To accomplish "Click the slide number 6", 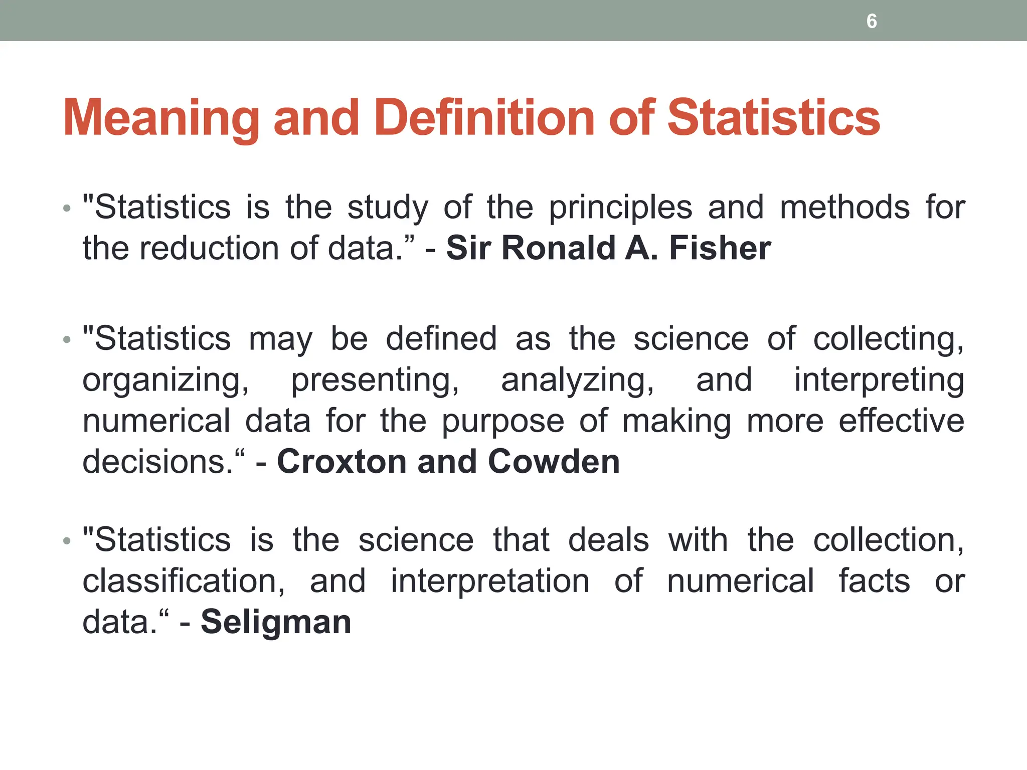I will pyautogui.click(x=872, y=21).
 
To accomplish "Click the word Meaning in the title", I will pyautogui.click(x=161, y=118).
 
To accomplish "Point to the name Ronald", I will pyautogui.click(x=558, y=248).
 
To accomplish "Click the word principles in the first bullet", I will pyautogui.click(x=620, y=208).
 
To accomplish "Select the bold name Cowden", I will pyautogui.click(x=554, y=461).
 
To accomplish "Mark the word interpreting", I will pyautogui.click(x=879, y=380).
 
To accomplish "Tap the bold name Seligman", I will pyautogui.click(x=276, y=622).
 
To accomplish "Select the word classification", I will pyautogui.click(x=184, y=581).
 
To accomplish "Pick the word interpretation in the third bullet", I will pyautogui.click(x=490, y=581).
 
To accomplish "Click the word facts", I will pyautogui.click(x=874, y=581).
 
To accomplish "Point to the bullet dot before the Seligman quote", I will pyautogui.click(x=67, y=541).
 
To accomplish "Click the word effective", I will pyautogui.click(x=901, y=421).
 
